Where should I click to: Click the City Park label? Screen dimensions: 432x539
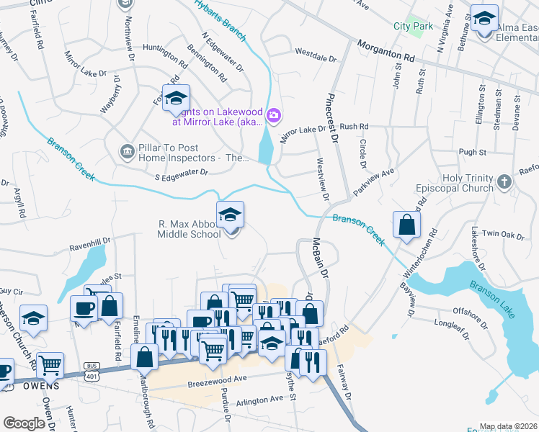tap(413, 26)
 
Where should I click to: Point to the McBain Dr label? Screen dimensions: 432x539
tap(320, 259)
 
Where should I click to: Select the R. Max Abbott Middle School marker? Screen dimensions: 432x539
tap(230, 215)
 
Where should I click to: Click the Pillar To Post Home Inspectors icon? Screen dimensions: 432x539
tap(127, 151)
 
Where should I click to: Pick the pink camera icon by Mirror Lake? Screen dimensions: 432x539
tap(273, 115)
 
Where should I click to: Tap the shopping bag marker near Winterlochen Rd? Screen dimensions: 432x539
tap(407, 224)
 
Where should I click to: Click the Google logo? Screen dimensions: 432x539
tap(24, 423)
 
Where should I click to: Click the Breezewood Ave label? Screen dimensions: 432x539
tap(217, 377)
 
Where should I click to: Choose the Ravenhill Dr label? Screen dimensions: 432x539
tap(89, 244)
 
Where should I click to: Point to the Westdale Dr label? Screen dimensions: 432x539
tap(316, 55)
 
